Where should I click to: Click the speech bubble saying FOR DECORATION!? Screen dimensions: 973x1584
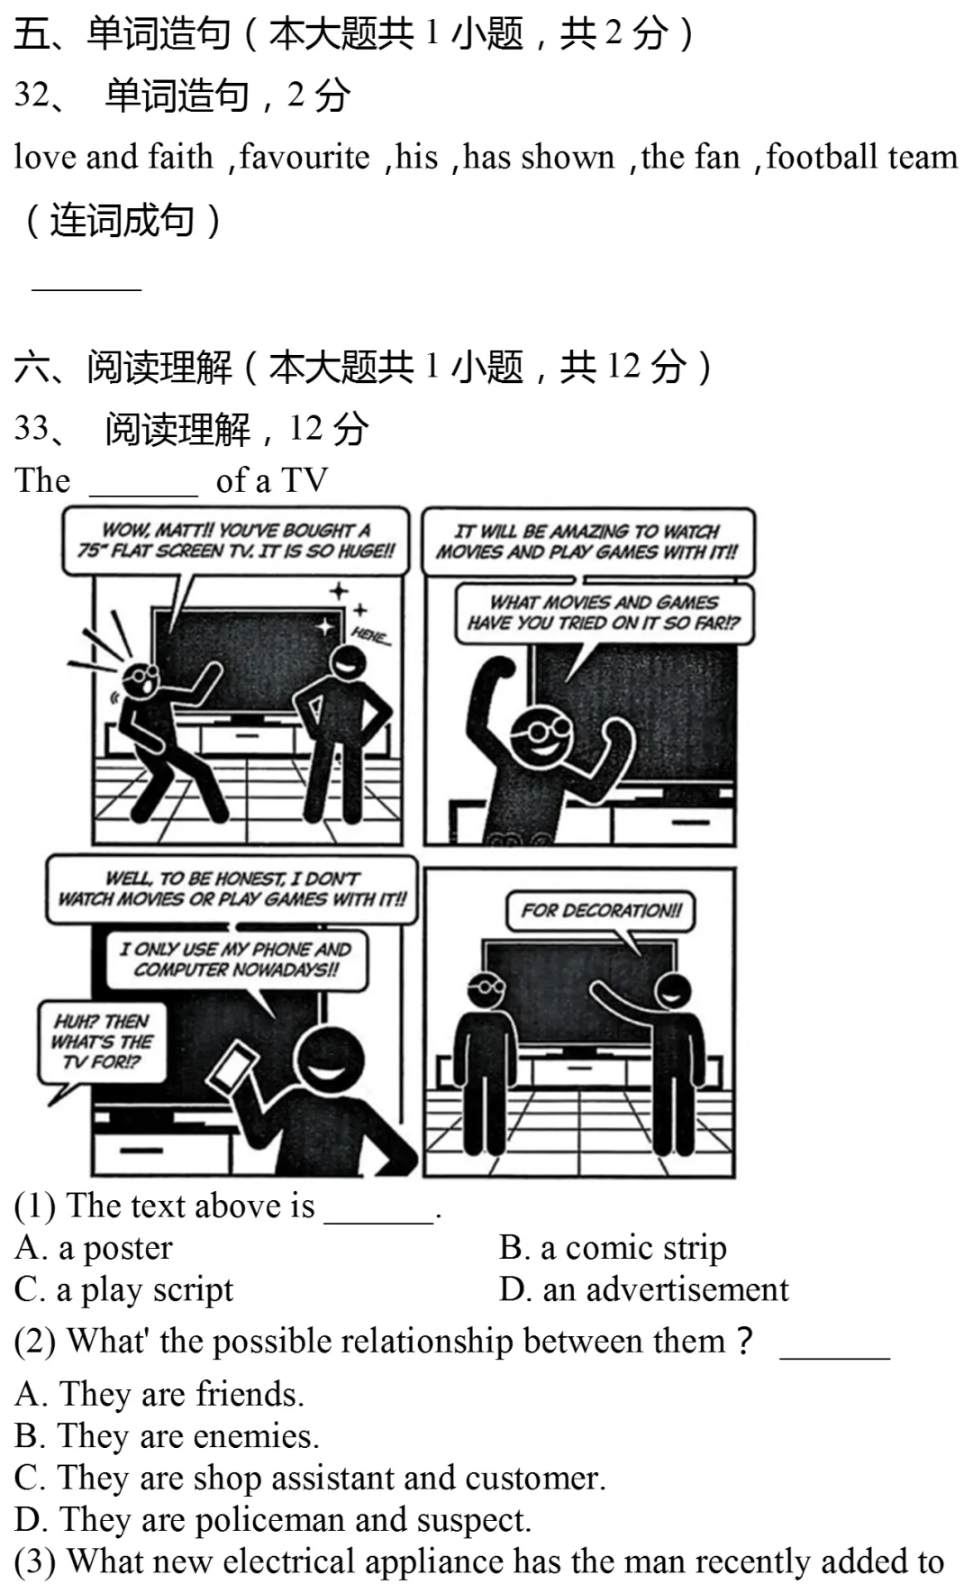coord(602,912)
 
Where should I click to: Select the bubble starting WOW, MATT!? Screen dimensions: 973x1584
coord(235,541)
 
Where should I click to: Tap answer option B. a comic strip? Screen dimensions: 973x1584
coord(613,1248)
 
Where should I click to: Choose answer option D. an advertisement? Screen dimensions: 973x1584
coord(644,1289)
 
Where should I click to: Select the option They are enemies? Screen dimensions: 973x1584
coord(167,1435)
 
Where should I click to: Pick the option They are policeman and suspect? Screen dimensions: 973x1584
coord(273,1519)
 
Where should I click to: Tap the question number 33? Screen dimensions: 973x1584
coord(32,428)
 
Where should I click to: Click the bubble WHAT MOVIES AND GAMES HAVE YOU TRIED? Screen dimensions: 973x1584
coord(605,613)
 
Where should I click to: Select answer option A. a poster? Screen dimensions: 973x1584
coord(93,1248)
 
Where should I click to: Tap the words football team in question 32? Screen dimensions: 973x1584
coord(862,157)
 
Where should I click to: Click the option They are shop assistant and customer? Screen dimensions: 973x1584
coord(310,1478)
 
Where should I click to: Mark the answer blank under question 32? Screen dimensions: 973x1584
coord(86,289)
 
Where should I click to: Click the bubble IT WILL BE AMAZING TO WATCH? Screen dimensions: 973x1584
coord(587,542)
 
